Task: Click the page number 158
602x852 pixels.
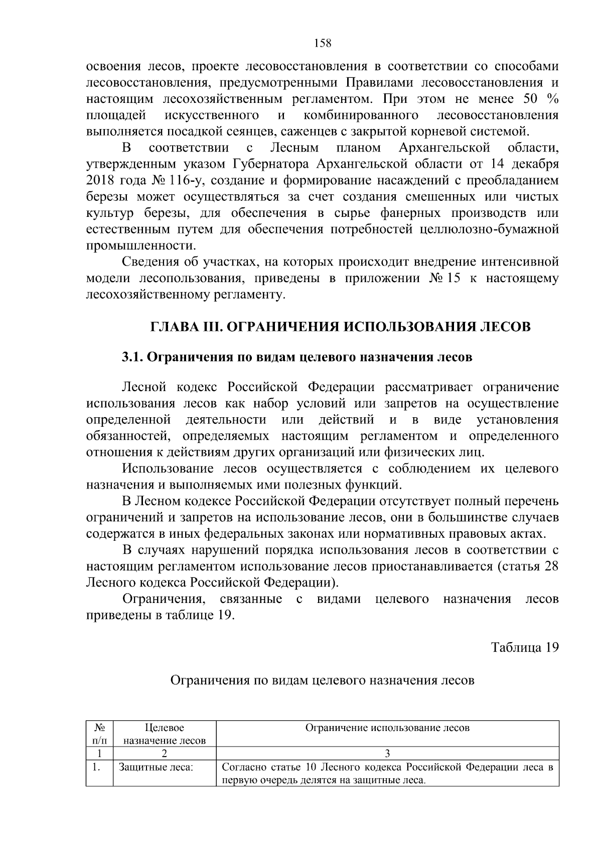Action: coord(323,43)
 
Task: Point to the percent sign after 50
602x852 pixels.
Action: coord(553,99)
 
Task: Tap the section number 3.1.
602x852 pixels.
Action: coord(131,357)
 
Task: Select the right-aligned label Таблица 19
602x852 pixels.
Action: coord(524,647)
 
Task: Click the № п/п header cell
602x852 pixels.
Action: coord(99,734)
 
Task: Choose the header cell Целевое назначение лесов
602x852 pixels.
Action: coord(164,734)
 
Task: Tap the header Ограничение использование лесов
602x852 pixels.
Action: coord(387,728)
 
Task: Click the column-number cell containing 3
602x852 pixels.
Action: coord(387,753)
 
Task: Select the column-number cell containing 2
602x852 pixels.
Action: coord(164,753)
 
